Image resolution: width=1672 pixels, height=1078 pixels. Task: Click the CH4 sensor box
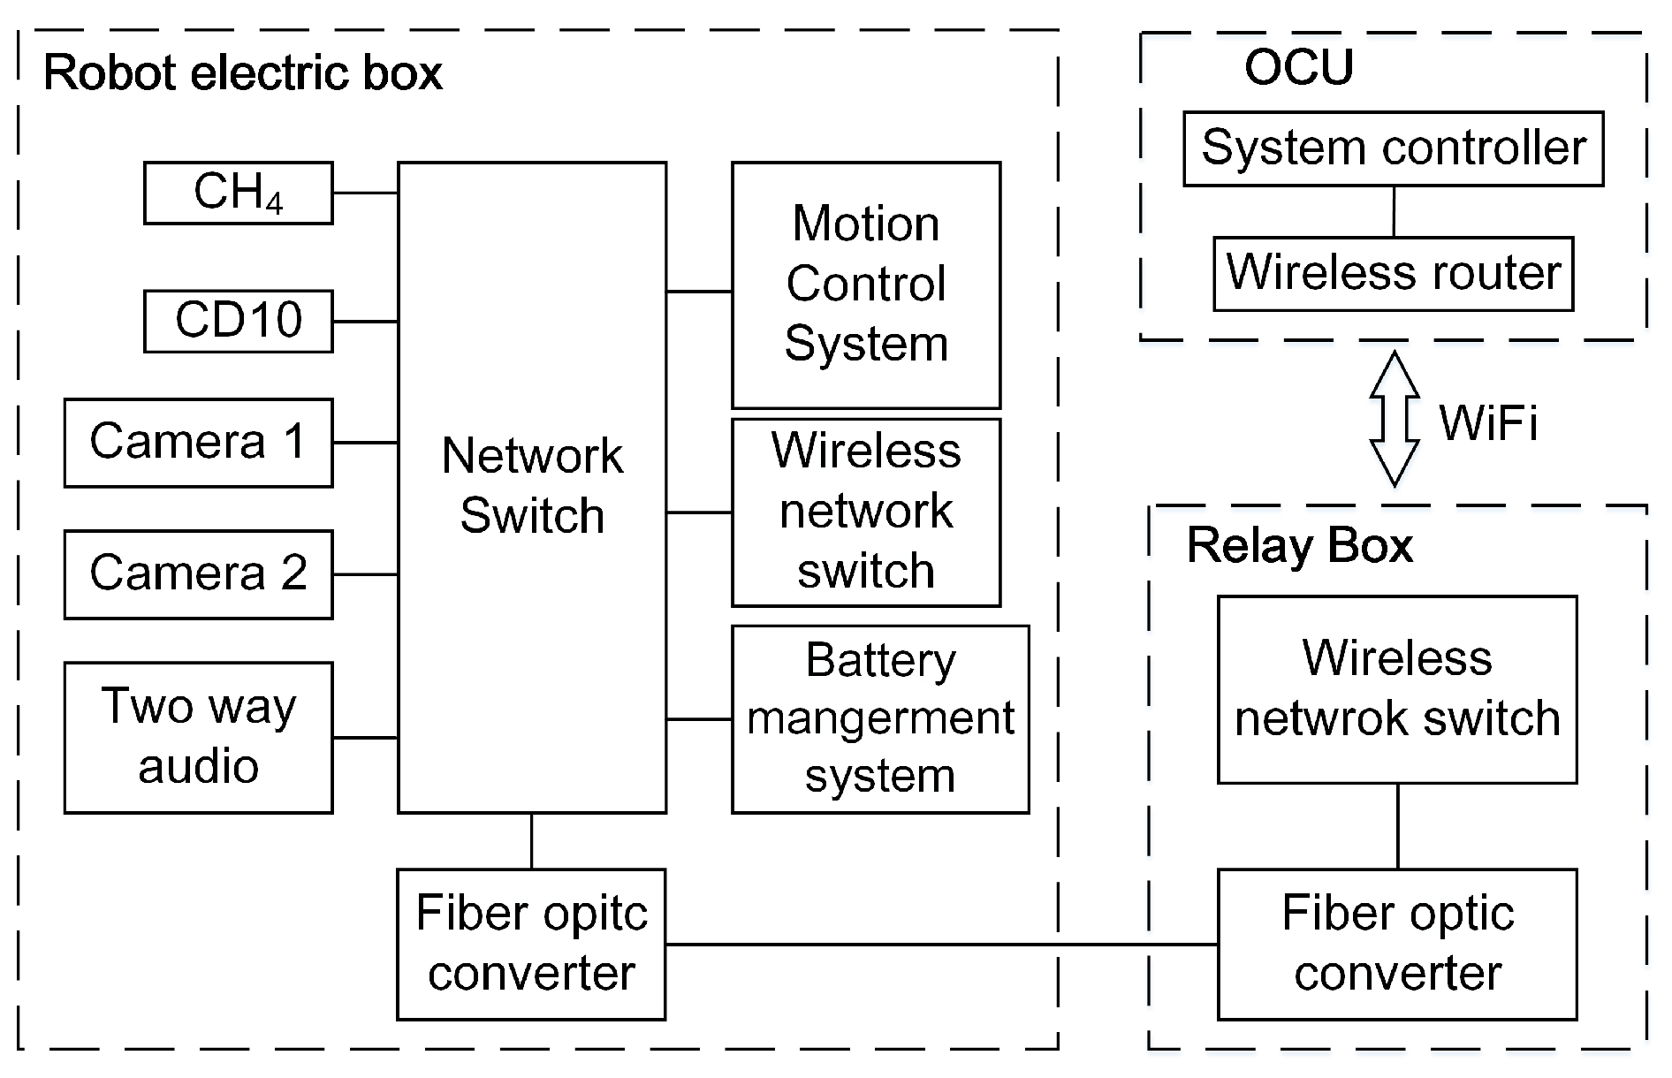[239, 193]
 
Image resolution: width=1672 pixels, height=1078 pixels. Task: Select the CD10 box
[239, 321]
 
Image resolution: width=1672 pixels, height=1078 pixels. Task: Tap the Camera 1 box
[198, 442]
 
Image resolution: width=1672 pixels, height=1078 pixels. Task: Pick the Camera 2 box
[198, 574]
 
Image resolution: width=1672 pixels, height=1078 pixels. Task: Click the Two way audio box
[198, 737]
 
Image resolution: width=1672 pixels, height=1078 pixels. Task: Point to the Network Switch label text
[532, 486]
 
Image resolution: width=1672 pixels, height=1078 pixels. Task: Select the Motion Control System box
[866, 285]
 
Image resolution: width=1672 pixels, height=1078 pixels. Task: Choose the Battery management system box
[880, 718]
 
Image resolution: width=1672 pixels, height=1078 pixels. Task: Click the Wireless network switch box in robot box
[866, 512]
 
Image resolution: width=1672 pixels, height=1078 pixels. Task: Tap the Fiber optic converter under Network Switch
[531, 944]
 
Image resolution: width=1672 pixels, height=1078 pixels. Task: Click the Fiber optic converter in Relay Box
[1397, 944]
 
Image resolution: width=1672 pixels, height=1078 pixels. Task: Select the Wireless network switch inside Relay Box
[1397, 689]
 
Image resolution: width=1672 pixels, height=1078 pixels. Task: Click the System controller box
[1394, 148]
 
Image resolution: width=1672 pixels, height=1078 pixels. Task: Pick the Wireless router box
[1394, 273]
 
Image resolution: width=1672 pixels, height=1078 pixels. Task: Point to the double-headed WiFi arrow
[1394, 419]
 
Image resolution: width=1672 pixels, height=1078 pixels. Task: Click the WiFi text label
[1488, 422]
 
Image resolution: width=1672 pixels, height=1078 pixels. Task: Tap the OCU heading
[1298, 67]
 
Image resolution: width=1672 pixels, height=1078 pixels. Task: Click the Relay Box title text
[1299, 545]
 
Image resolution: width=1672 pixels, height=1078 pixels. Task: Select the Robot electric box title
[242, 72]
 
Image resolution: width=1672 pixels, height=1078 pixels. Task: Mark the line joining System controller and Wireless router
[1394, 211]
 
